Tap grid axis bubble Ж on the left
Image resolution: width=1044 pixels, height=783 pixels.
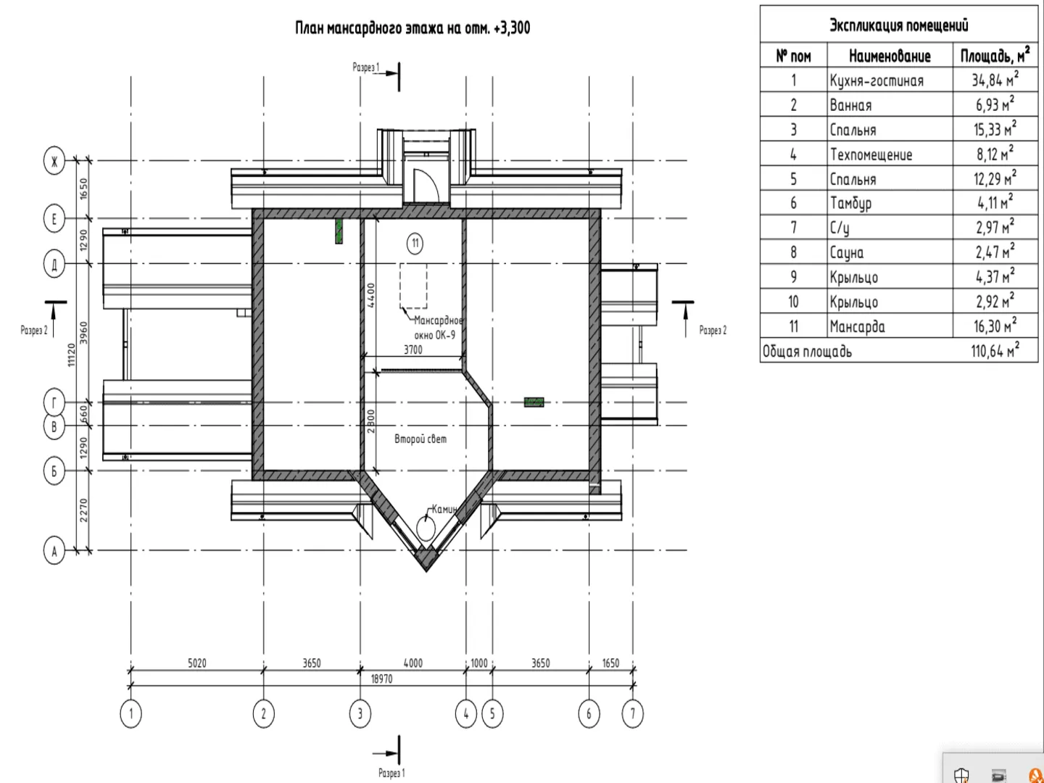pyautogui.click(x=54, y=160)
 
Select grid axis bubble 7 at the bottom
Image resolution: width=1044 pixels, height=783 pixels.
pyautogui.click(x=632, y=714)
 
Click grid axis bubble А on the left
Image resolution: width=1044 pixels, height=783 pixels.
pyautogui.click(x=54, y=551)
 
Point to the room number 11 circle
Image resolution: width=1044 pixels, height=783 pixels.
pyautogui.click(x=415, y=243)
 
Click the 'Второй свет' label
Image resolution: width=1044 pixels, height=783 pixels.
pyautogui.click(x=420, y=439)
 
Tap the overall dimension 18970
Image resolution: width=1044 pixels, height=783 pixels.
pyautogui.click(x=381, y=679)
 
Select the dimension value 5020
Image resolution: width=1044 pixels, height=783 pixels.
pyautogui.click(x=197, y=663)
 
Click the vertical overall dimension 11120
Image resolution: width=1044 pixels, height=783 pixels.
pyautogui.click(x=71, y=355)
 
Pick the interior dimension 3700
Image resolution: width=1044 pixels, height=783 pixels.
pyautogui.click(x=413, y=349)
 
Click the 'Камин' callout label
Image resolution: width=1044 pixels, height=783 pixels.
pyautogui.click(x=444, y=509)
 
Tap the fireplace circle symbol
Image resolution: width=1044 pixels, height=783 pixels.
pyautogui.click(x=426, y=526)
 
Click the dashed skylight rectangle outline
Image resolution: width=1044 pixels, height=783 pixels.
pyautogui.click(x=413, y=287)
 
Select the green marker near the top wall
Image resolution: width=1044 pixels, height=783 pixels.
pyautogui.click(x=339, y=231)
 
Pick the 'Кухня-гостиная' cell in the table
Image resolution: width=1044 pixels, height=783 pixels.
pyautogui.click(x=877, y=80)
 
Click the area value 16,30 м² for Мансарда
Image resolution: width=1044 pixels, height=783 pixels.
pyautogui.click(x=994, y=327)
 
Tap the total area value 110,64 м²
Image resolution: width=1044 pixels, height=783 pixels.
pyautogui.click(x=994, y=352)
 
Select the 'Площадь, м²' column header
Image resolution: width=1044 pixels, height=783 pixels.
pyautogui.click(x=994, y=56)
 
